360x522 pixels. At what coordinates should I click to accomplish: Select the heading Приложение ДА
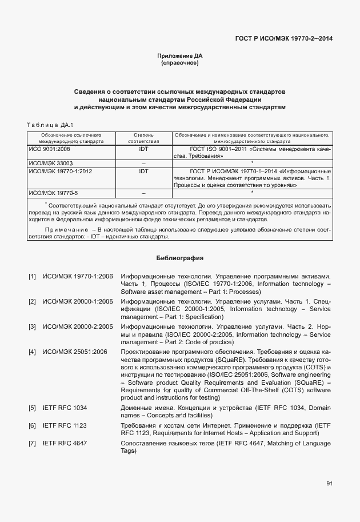(180, 55)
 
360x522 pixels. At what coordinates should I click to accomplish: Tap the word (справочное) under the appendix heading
(180, 62)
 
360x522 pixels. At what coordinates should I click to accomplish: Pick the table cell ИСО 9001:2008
(49, 149)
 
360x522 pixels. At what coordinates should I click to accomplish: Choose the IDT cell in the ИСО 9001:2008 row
(143, 149)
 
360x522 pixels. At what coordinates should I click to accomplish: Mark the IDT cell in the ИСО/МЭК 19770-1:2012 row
(143, 170)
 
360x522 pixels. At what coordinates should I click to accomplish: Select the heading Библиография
(180, 258)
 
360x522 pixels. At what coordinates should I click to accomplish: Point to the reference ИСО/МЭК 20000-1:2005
(78, 301)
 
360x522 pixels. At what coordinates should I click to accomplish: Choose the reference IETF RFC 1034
(65, 408)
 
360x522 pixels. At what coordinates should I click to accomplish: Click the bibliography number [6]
(33, 426)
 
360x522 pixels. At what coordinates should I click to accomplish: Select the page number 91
(329, 484)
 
